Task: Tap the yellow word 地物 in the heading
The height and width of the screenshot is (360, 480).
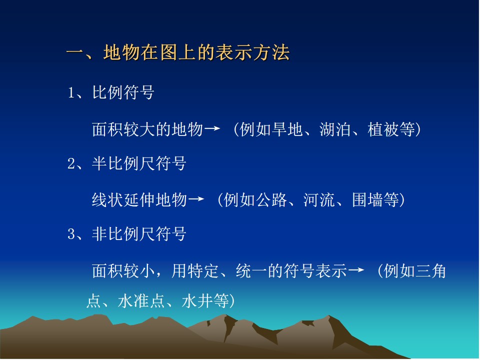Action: coord(122,52)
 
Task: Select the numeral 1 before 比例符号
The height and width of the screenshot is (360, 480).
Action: coord(71,93)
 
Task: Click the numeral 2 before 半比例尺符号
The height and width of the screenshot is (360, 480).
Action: coord(71,163)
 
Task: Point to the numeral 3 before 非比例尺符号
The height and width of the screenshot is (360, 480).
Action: coord(71,234)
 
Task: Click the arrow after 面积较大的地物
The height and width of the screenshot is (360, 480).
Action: coord(212,128)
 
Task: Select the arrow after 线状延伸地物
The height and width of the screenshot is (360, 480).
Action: coord(196,199)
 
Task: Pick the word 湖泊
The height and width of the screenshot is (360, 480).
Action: coord(335,129)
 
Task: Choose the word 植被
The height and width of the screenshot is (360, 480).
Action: coord(383,129)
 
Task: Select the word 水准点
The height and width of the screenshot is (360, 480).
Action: coord(141,301)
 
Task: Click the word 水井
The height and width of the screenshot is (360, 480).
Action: coord(197,301)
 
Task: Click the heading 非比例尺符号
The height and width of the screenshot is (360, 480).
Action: coord(139,234)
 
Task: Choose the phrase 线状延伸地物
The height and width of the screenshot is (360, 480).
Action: coord(139,200)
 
